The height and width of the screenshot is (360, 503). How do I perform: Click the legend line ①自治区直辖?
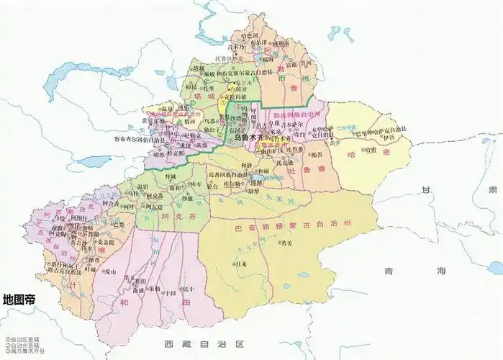click(17, 340)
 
